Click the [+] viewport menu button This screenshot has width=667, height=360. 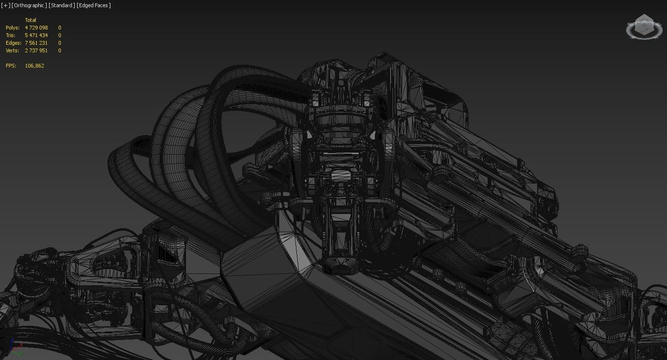5,5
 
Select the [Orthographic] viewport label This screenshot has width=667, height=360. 29,5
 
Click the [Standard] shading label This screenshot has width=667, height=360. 62,5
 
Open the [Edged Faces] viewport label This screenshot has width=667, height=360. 94,5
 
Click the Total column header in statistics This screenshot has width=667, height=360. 30,20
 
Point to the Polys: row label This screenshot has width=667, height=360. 12,28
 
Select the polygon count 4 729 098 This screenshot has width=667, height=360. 36,28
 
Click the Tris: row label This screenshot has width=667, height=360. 10,35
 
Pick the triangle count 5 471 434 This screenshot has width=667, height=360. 36,35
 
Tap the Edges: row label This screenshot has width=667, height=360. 13,43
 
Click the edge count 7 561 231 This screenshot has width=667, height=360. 36,43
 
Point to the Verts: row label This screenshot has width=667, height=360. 13,50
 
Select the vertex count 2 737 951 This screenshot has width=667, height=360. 36,50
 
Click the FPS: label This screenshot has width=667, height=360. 11,66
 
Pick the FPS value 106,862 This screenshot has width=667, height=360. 34,66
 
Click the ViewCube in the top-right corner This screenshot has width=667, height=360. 644,27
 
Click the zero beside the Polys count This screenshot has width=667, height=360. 59,28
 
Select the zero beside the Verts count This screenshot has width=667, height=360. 59,50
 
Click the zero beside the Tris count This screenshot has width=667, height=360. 59,35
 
